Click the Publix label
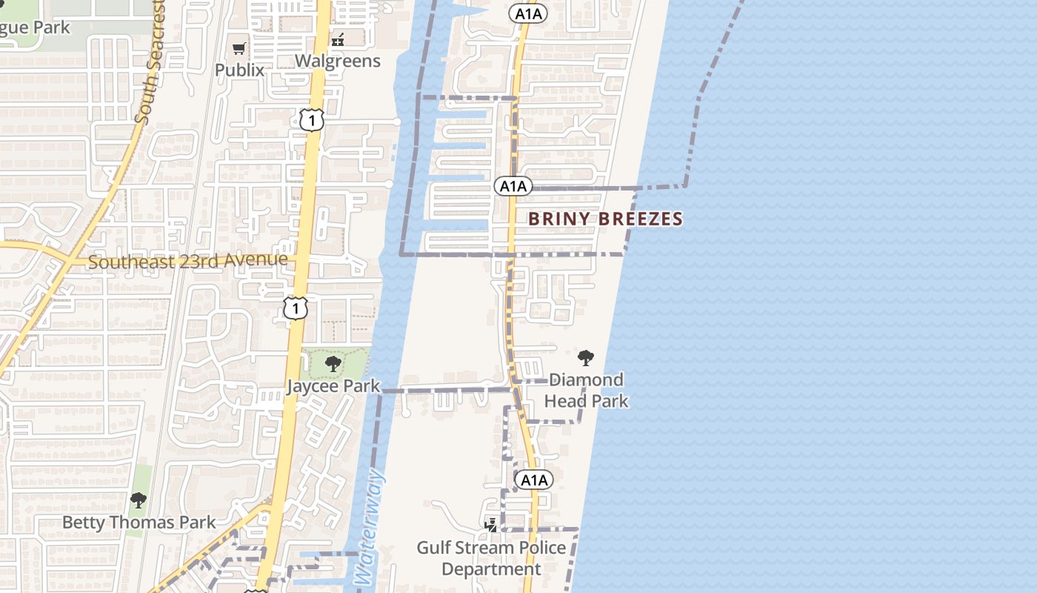239,70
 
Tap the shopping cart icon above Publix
239,49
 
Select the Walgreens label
338,61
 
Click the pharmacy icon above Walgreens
338,39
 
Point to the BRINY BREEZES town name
605,219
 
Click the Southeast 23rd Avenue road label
188,261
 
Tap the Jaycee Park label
333,386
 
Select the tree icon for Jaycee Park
333,363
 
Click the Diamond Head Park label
587,391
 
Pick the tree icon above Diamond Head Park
586,358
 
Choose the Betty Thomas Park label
139,523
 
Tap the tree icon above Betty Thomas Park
139,500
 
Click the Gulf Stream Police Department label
491,558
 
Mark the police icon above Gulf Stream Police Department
490,526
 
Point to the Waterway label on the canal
368,529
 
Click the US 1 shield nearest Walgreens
312,119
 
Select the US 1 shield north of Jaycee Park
296,308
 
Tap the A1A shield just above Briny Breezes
513,186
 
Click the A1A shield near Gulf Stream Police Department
533,480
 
